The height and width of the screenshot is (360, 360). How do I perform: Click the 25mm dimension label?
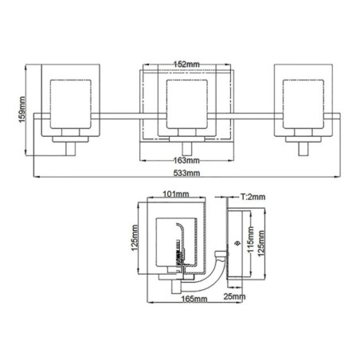coord(233,299)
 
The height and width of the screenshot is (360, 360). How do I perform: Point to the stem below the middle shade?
coord(186,149)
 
